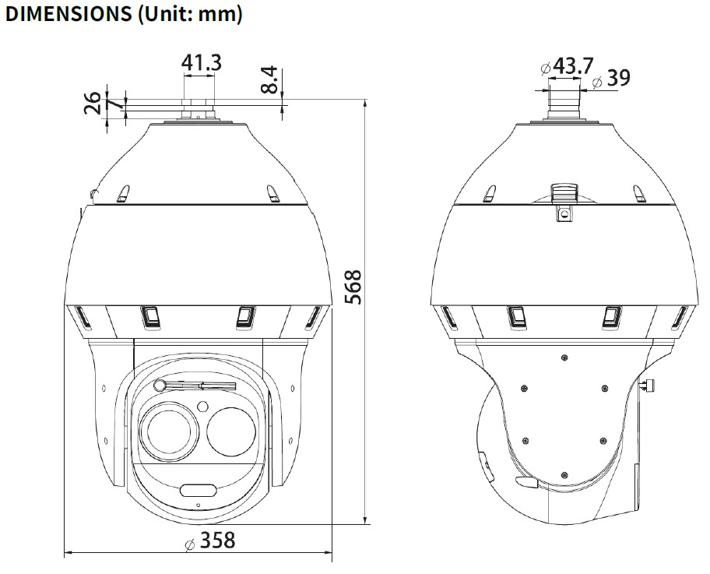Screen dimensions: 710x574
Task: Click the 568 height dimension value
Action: pyautogui.click(x=353, y=287)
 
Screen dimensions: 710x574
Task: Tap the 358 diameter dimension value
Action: pyautogui.click(x=218, y=540)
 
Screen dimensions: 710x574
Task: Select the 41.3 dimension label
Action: pyautogui.click(x=202, y=62)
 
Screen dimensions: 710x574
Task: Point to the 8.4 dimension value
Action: pyautogui.click(x=270, y=79)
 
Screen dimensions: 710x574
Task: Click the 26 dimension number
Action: pyautogui.click(x=93, y=103)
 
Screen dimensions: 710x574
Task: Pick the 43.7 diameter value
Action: pyautogui.click(x=573, y=65)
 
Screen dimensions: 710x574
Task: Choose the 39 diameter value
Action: pyautogui.click(x=619, y=77)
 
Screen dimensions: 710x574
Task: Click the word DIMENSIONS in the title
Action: pyautogui.click(x=68, y=14)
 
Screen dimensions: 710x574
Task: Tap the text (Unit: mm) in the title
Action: pyautogui.click(x=190, y=15)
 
